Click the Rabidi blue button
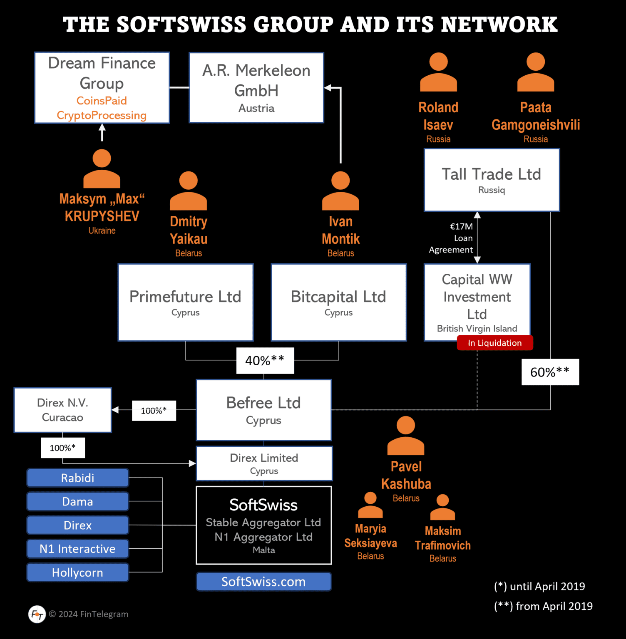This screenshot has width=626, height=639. pyautogui.click(x=78, y=478)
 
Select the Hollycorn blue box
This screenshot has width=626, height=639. pyautogui.click(x=78, y=572)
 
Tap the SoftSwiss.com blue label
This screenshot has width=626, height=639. pyautogui.click(x=263, y=582)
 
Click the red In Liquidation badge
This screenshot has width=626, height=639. pyautogui.click(x=494, y=343)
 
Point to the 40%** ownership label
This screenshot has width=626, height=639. pyautogui.click(x=265, y=361)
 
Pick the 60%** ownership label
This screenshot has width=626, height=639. pyautogui.click(x=550, y=372)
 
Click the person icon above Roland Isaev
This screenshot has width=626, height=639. pyautogui.click(x=438, y=72)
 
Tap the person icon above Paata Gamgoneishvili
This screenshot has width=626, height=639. pyautogui.click(x=536, y=72)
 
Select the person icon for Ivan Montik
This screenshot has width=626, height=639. pyautogui.click(x=340, y=191)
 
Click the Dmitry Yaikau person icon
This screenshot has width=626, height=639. pyautogui.click(x=189, y=191)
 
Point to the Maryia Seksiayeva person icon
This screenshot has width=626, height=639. pyautogui.click(x=370, y=505)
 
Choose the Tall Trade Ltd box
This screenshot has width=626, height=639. pyautogui.click(x=492, y=180)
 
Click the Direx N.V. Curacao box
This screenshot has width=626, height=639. pyautogui.click(x=63, y=410)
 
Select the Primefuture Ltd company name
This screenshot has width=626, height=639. pyautogui.click(x=185, y=297)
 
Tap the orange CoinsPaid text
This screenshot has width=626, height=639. pyautogui.click(x=102, y=101)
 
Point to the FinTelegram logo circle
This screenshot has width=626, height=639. pyautogui.click(x=37, y=614)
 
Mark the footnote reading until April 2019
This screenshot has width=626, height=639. pyautogui.click(x=539, y=587)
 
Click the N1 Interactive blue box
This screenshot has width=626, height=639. pyautogui.click(x=78, y=549)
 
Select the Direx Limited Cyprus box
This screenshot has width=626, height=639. pyautogui.click(x=264, y=463)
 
